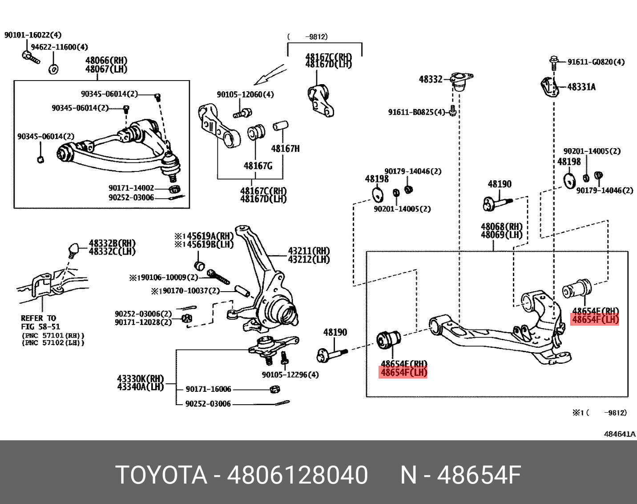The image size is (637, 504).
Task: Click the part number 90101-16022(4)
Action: tap(33, 35)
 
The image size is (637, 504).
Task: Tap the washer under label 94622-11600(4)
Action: tap(53, 69)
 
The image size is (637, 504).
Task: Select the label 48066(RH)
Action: tap(106, 61)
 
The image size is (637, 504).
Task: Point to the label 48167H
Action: tap(285, 149)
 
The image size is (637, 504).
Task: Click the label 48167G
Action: tap(258, 166)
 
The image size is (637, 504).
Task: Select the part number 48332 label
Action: tap(431, 79)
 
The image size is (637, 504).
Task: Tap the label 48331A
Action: tap(581, 87)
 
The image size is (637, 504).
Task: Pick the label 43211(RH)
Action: tap(309, 251)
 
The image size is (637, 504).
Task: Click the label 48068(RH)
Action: tap(501, 227)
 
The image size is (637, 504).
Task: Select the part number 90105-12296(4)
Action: tap(290, 375)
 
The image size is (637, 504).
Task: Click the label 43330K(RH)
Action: tap(140, 379)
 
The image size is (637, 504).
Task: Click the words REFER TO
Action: tap(38, 318)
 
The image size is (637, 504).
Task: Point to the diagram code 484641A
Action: tap(619, 434)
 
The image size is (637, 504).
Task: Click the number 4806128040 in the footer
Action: tap(297, 475)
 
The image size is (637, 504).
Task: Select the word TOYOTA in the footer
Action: tap(161, 475)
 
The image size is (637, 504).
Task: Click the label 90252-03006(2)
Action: tap(143, 314)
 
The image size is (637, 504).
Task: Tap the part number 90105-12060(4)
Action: tap(245, 94)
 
